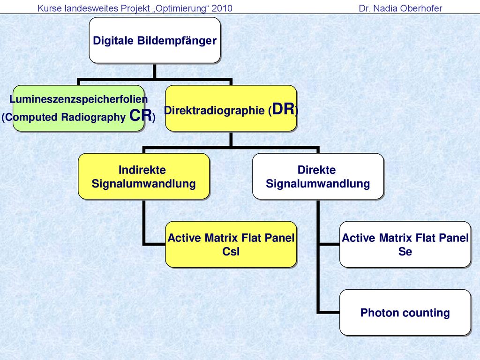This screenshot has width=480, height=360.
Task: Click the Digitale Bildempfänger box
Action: pyautogui.click(x=155, y=40)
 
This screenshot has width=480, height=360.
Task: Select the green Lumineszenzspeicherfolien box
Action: pyautogui.click(x=78, y=108)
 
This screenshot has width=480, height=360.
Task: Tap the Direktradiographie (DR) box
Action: pyautogui.click(x=231, y=108)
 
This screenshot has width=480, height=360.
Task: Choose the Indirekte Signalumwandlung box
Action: pyautogui.click(x=143, y=176)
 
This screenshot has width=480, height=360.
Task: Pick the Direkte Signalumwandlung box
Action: pyautogui.click(x=318, y=176)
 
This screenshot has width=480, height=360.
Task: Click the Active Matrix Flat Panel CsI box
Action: pyautogui.click(x=231, y=244)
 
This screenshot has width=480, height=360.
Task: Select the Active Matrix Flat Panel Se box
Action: pyautogui.click(x=405, y=244)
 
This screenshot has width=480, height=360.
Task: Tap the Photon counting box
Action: pyautogui.click(x=405, y=312)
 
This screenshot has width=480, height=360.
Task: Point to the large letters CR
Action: pyautogui.click(x=141, y=115)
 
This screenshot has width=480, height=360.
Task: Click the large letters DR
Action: pyautogui.click(x=283, y=109)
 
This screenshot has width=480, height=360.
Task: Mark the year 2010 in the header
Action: pyautogui.click(x=222, y=8)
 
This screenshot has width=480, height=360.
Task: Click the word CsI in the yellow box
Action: pyautogui.click(x=231, y=252)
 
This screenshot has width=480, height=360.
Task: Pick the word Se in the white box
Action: pyautogui.click(x=405, y=252)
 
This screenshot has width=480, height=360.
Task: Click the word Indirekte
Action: pyautogui.click(x=142, y=170)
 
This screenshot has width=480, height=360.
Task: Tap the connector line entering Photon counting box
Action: pyautogui.click(x=328, y=312)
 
